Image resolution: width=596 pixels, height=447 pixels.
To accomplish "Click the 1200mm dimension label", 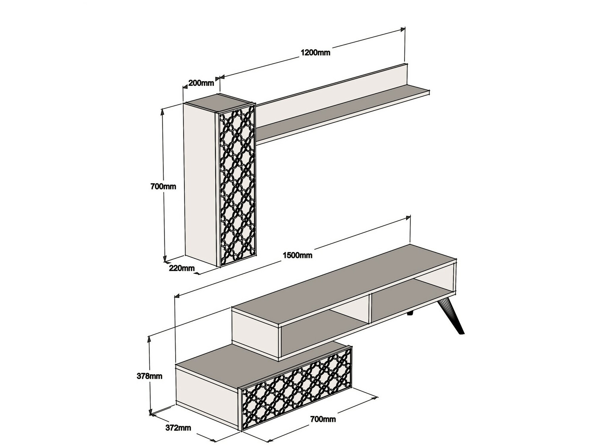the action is tap(315, 52).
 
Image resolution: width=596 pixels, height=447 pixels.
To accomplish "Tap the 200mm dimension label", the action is tap(201, 83).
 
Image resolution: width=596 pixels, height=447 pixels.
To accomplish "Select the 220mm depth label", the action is tap(182, 268).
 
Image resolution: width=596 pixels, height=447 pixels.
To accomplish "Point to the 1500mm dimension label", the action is tap(298, 255).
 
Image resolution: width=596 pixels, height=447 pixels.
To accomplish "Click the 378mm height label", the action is tap(149, 376).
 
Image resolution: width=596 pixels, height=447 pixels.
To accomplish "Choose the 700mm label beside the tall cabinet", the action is tap(163, 187).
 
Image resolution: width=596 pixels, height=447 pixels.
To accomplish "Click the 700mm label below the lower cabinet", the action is tap(323, 419).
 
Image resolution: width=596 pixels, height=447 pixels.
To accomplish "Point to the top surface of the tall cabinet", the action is tap(219, 103).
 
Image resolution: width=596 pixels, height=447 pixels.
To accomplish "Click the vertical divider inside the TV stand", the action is tap(370, 309).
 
